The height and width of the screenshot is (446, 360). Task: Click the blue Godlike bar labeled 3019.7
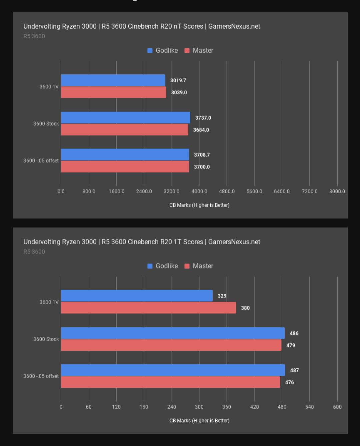(x=113, y=80)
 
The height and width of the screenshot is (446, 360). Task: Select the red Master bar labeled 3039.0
(x=113, y=92)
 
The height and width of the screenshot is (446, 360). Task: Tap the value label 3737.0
(x=203, y=118)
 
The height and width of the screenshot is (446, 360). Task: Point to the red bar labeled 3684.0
(x=124, y=130)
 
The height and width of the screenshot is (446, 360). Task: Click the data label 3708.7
(x=202, y=155)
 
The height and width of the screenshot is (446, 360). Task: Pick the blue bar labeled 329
(x=137, y=296)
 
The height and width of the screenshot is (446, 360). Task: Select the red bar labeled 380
(x=148, y=308)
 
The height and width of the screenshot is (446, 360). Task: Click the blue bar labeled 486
(x=173, y=333)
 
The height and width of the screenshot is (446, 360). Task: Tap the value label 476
(x=289, y=382)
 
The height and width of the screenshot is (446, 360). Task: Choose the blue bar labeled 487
(x=173, y=370)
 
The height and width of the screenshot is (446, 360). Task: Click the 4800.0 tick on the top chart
(x=227, y=192)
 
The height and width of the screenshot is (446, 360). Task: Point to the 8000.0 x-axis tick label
(x=337, y=192)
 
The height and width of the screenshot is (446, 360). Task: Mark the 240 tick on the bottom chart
(x=172, y=407)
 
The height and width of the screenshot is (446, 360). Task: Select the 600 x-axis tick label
(x=337, y=407)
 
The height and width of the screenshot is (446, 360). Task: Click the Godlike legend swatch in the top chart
(x=150, y=51)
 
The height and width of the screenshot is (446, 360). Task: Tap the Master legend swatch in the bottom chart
(x=187, y=266)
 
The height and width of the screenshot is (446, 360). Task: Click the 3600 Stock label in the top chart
(x=46, y=124)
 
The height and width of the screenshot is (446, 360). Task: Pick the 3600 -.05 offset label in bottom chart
(x=41, y=376)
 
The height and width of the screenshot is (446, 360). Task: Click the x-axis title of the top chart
(x=199, y=205)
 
